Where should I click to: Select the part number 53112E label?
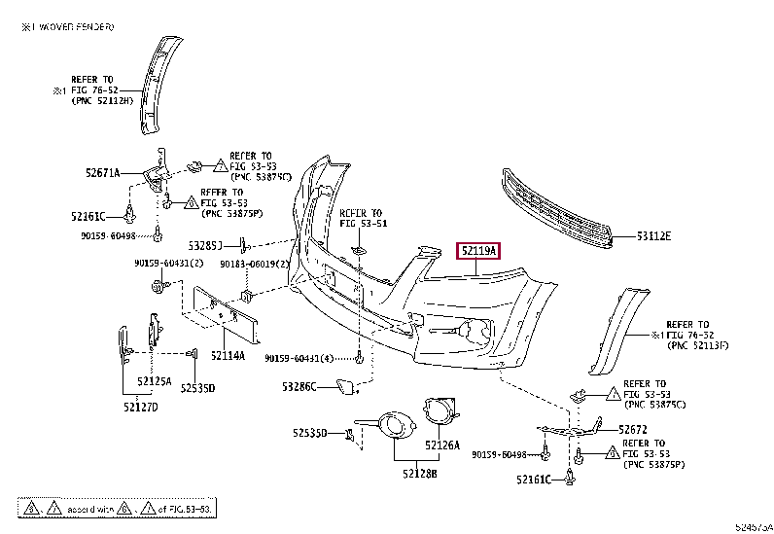point(654,235)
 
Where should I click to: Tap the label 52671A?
point(102,173)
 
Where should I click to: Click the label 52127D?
point(140,406)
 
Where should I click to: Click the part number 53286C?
point(300,387)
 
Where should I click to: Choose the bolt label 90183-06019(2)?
point(255,264)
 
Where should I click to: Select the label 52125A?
point(155,380)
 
